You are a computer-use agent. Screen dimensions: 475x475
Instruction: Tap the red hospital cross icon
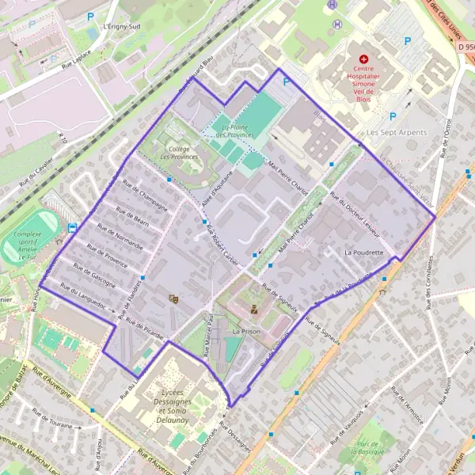click(x=364, y=59)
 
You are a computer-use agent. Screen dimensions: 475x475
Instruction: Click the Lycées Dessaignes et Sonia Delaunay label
click(x=182, y=402)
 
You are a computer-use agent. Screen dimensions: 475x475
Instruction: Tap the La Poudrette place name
click(x=363, y=253)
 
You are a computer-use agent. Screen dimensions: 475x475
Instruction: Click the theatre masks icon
click(x=173, y=298)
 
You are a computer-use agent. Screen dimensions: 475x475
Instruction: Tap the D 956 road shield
click(x=466, y=47)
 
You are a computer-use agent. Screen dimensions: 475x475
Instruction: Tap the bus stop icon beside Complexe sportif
click(x=72, y=228)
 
